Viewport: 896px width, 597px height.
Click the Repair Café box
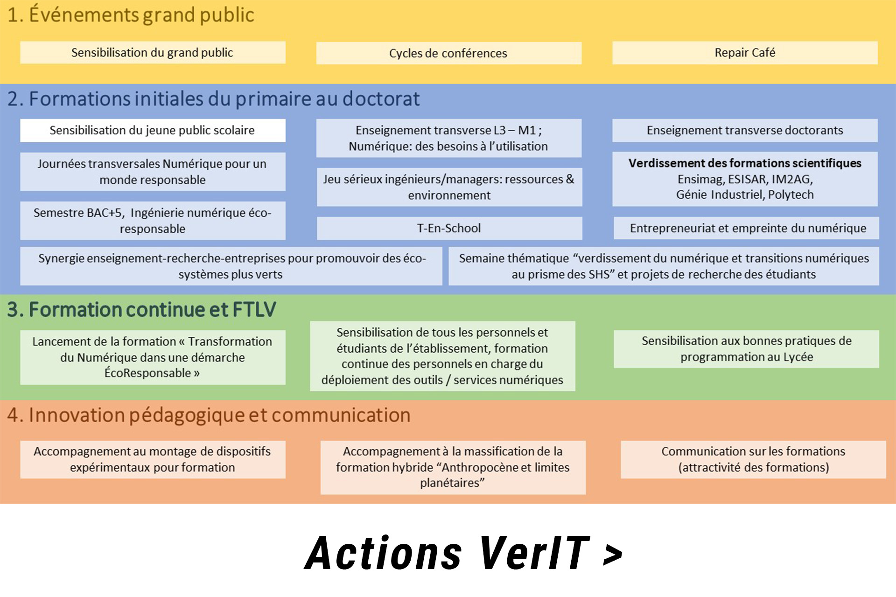coord(745,53)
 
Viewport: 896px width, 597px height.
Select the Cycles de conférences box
coord(448,53)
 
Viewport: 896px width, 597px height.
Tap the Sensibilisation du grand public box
coord(153,53)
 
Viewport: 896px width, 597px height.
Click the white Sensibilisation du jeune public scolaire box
coord(153,130)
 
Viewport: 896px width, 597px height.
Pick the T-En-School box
coord(449,228)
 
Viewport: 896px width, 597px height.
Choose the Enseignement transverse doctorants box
coord(745,130)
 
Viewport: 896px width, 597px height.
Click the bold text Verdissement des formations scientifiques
coord(745,163)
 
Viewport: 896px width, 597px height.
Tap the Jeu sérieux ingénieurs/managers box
coord(449,187)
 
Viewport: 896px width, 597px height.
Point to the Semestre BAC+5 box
coord(153,221)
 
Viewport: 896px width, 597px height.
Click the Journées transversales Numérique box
coord(153,172)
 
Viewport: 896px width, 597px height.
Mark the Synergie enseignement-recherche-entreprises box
coord(231,266)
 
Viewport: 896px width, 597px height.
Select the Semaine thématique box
coord(664,266)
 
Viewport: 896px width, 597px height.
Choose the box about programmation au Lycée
coord(746,349)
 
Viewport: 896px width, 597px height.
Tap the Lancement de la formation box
coord(153,357)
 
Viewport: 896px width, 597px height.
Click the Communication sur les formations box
coord(753,459)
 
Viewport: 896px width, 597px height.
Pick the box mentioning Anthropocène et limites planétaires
coord(453,467)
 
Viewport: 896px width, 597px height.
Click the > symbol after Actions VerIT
coord(613,555)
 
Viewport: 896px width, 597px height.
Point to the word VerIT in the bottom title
coord(534,554)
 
